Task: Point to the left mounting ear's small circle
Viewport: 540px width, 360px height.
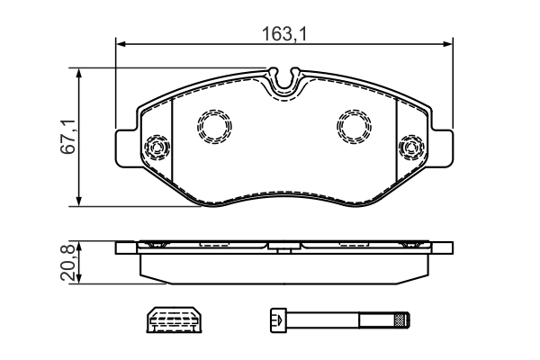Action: tap(157, 146)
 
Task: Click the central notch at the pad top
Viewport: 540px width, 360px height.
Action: tap(285, 82)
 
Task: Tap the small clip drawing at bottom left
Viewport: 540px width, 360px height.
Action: tap(173, 318)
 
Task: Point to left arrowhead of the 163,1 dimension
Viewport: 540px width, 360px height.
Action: tap(121, 45)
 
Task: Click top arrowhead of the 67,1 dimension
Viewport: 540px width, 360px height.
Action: tap(81, 73)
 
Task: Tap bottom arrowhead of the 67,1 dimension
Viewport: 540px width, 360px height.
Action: tap(81, 202)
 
